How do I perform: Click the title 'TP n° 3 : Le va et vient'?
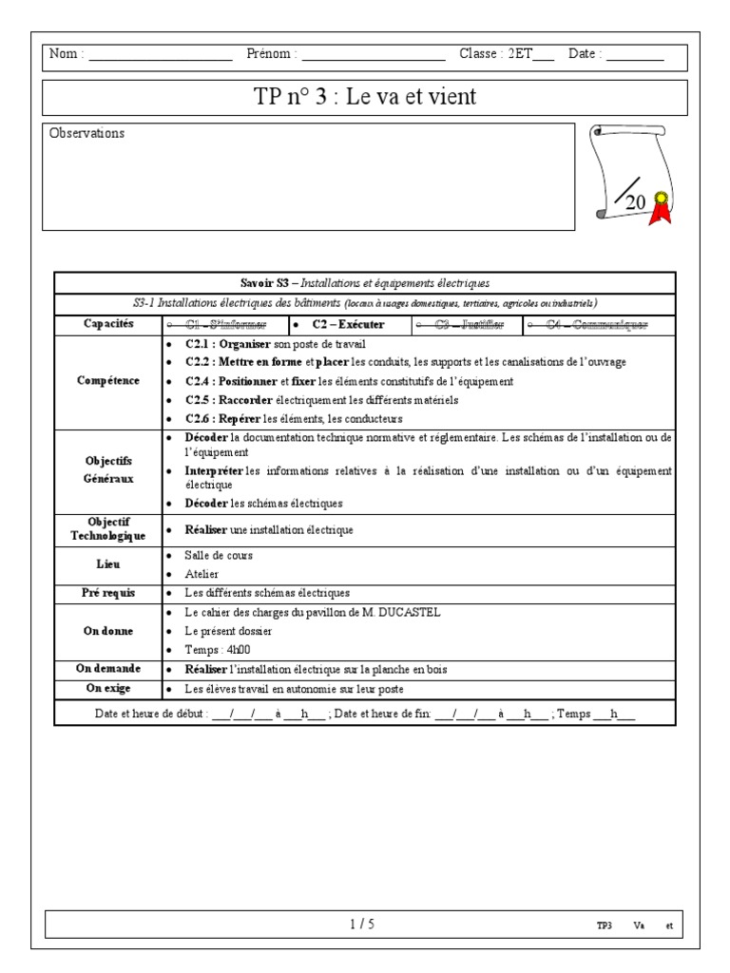tap(365, 97)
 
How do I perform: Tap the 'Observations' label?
tap(86, 134)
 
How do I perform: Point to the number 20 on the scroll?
tap(635, 202)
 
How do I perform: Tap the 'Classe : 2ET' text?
tap(495, 54)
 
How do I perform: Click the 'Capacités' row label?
tap(108, 324)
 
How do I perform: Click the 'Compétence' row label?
tap(108, 381)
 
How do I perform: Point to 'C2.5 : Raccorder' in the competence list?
tap(222, 400)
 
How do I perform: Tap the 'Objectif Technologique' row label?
tap(108, 529)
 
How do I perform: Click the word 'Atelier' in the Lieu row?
tap(202, 574)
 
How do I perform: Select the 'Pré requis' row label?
tap(108, 593)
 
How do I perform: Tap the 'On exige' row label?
tap(108, 688)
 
